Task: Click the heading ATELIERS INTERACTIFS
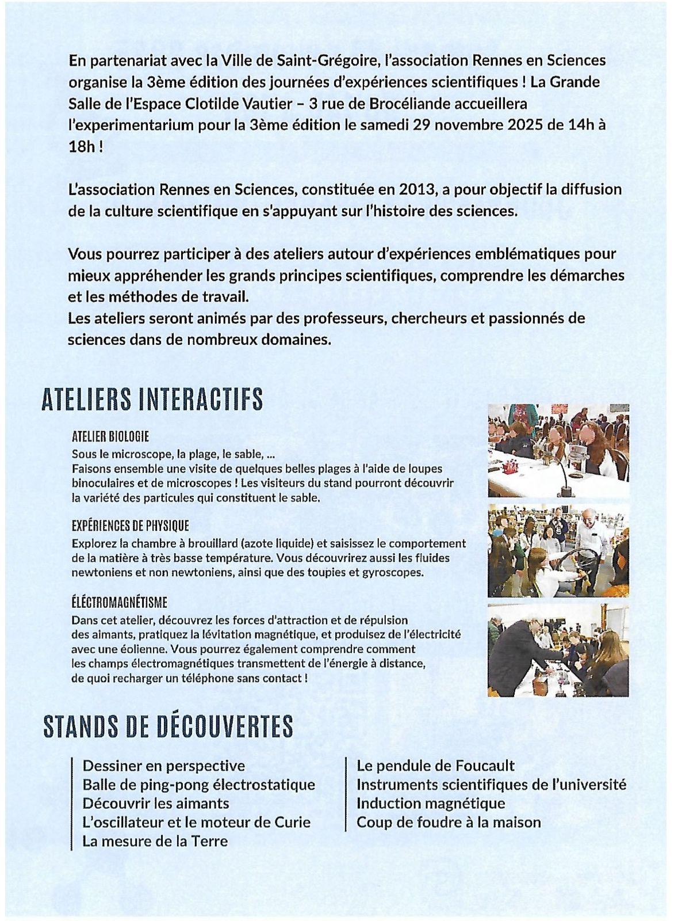coord(152,399)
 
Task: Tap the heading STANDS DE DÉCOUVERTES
coord(168,726)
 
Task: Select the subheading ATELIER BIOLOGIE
coord(111,436)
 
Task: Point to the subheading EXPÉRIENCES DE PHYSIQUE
coord(131,526)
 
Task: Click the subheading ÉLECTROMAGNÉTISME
coord(120,603)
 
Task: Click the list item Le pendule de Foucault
coord(435,766)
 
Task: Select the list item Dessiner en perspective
coord(163,766)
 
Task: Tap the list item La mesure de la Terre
coord(155,841)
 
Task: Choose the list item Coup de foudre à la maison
coord(449,822)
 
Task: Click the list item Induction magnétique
coord(431,803)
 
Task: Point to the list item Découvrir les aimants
coord(156,803)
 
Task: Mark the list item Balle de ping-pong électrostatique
coord(198,785)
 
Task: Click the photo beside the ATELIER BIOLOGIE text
coord(558,451)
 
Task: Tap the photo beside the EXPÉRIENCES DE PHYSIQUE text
coord(558,551)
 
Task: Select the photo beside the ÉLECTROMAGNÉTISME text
coord(558,650)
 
